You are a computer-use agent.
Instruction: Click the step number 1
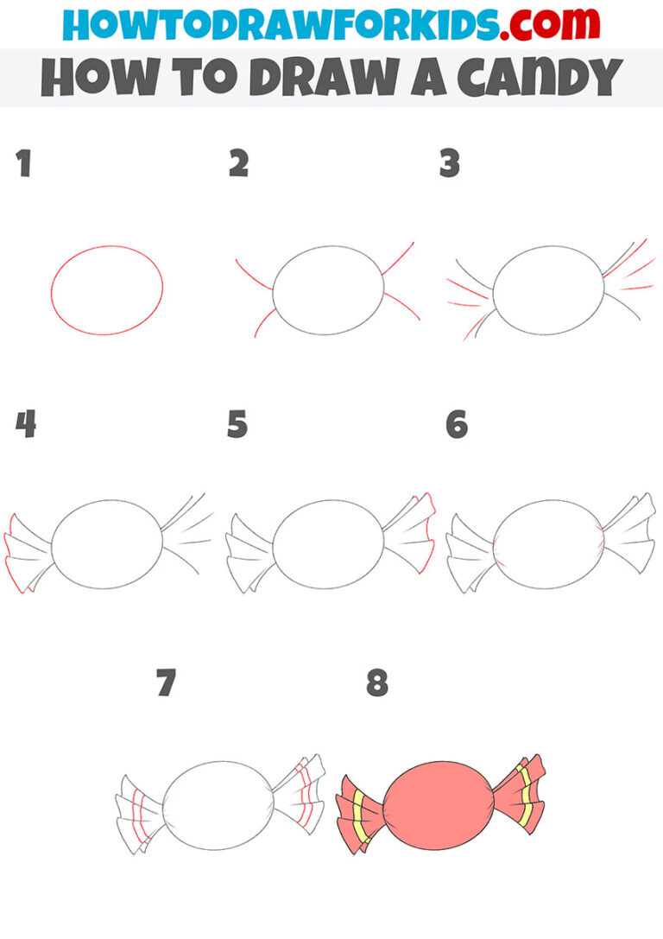[x=23, y=163]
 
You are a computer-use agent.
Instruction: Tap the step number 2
[x=238, y=163]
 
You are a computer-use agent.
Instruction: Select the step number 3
[x=449, y=163]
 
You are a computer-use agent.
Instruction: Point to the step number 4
[x=25, y=424]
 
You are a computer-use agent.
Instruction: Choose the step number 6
[x=456, y=424]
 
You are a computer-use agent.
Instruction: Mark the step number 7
[x=166, y=684]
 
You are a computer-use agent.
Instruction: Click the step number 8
[x=377, y=684]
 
